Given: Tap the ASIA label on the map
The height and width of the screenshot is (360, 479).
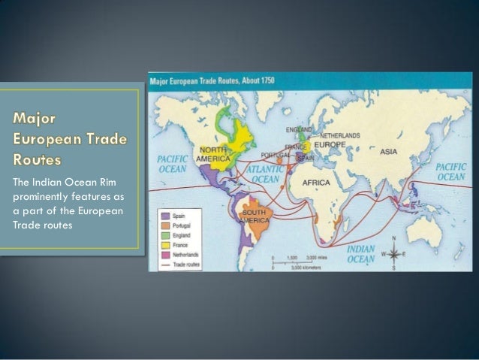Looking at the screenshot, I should click(x=388, y=151).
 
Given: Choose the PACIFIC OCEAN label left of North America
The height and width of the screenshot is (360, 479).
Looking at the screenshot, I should click(x=173, y=165).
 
